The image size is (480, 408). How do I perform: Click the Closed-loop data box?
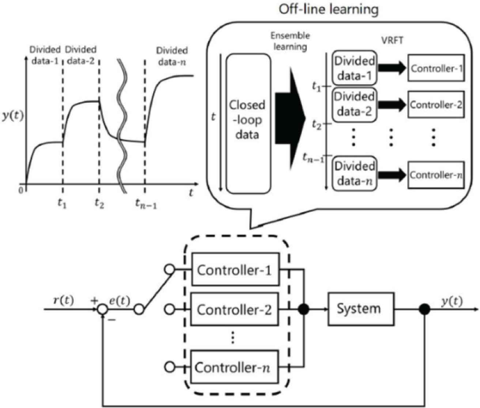(x=248, y=120)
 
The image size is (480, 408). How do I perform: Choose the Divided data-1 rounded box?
(x=354, y=68)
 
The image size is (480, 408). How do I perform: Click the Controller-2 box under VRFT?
(x=436, y=105)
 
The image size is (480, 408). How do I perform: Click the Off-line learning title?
(x=328, y=9)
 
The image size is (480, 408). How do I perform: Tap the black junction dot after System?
(x=424, y=310)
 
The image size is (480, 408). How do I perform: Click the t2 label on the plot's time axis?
(x=99, y=203)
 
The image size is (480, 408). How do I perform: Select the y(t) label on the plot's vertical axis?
(x=12, y=117)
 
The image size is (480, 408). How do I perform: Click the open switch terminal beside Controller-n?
(x=170, y=367)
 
